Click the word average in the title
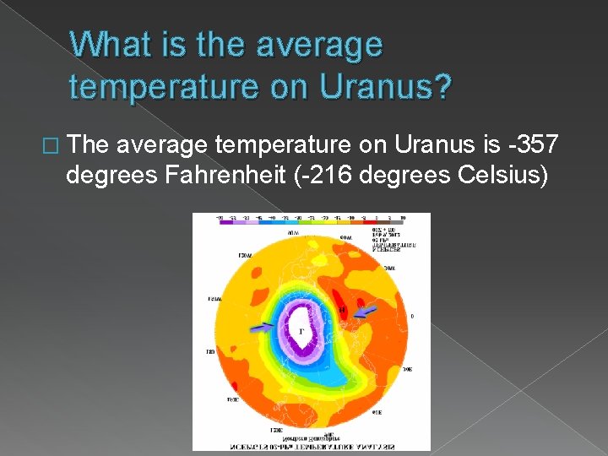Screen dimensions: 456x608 (322, 45)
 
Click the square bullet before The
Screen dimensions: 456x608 (57, 147)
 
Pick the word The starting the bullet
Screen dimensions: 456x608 (90, 145)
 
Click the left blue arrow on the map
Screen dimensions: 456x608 (263, 325)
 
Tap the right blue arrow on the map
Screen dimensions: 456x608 (366, 313)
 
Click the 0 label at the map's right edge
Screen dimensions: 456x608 (411, 317)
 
